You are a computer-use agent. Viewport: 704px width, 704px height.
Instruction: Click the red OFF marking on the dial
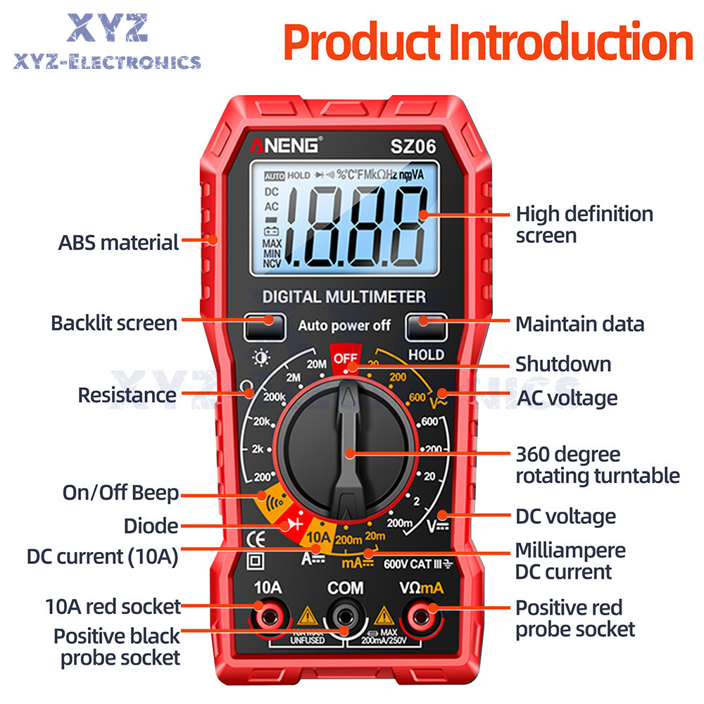[x=346, y=357]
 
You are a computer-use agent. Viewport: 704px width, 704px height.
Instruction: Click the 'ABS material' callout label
[x=118, y=243]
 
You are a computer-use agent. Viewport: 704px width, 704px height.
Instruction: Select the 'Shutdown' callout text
[x=563, y=364]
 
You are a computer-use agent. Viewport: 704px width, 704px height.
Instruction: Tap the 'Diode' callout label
[x=151, y=526]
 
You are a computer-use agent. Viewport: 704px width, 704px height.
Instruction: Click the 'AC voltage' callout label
[x=567, y=398]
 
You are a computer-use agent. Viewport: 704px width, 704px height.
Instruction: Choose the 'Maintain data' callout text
[x=579, y=324]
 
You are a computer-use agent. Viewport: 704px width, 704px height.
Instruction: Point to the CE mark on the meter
[x=254, y=541]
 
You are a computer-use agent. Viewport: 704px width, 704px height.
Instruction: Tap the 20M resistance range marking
[x=316, y=364]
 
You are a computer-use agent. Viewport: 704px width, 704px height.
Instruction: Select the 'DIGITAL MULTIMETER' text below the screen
[x=344, y=296]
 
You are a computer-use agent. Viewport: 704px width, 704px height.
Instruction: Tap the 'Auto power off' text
[x=344, y=325]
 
